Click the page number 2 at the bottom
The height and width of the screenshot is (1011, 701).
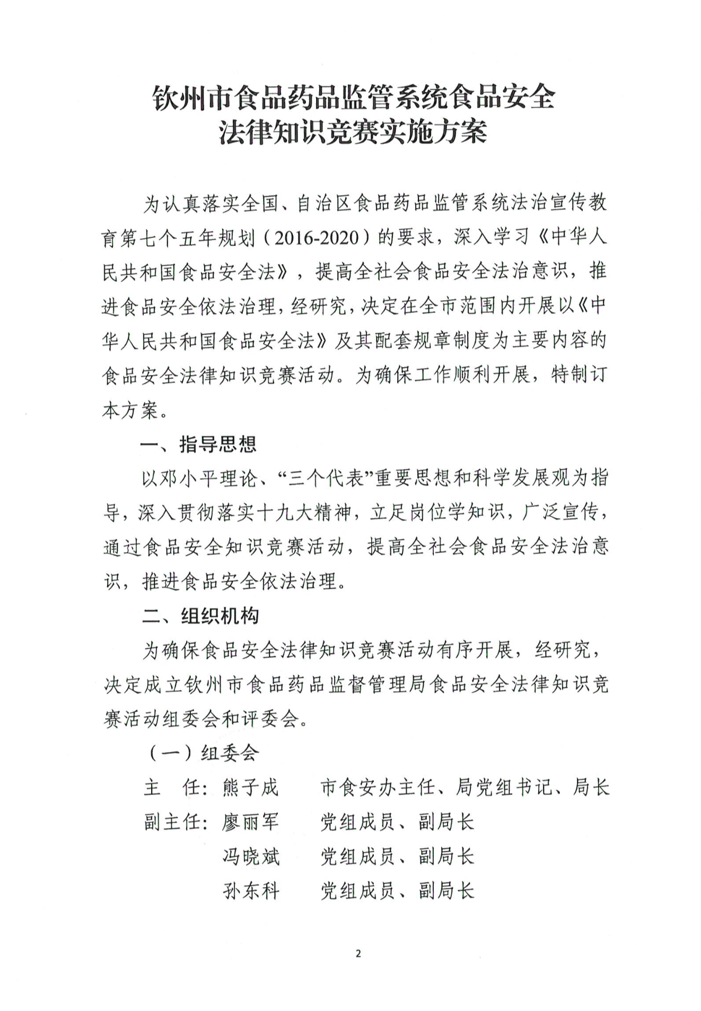click(x=358, y=954)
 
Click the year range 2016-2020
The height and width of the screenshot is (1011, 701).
click(x=317, y=238)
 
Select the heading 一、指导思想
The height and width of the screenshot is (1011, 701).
click(x=198, y=444)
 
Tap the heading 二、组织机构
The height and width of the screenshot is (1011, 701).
click(x=200, y=616)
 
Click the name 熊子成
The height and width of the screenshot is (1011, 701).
click(x=250, y=788)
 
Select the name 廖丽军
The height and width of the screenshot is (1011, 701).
click(x=250, y=822)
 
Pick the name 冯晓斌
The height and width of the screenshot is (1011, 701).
click(x=250, y=857)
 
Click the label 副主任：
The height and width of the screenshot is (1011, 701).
click(x=175, y=822)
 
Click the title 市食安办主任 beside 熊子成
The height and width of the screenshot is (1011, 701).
click(x=378, y=788)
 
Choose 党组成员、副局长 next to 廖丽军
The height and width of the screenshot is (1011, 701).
click(x=397, y=822)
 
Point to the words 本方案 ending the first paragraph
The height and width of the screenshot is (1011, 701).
click(x=130, y=410)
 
